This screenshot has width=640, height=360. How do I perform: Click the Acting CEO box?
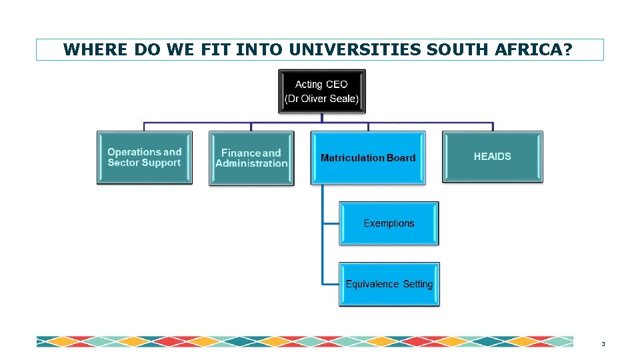pyautogui.click(x=322, y=91)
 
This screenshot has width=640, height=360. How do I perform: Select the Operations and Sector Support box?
pyautogui.click(x=145, y=157)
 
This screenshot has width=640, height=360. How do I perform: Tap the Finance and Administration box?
pyautogui.click(x=251, y=158)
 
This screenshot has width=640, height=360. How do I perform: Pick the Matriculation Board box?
pyautogui.click(x=368, y=158)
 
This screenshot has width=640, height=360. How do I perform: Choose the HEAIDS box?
pyautogui.click(x=493, y=157)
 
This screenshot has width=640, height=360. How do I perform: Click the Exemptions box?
pyautogui.click(x=389, y=223)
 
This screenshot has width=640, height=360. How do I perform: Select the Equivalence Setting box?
pyautogui.click(x=389, y=284)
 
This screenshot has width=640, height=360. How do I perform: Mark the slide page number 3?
pyautogui.click(x=603, y=344)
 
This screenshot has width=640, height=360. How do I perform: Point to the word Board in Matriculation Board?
pyautogui.click(x=401, y=158)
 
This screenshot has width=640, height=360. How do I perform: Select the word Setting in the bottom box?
pyautogui.click(x=418, y=284)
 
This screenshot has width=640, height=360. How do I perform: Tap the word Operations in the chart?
pyautogui.click(x=135, y=152)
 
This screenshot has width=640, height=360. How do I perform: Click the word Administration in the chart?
pyautogui.click(x=251, y=163)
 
